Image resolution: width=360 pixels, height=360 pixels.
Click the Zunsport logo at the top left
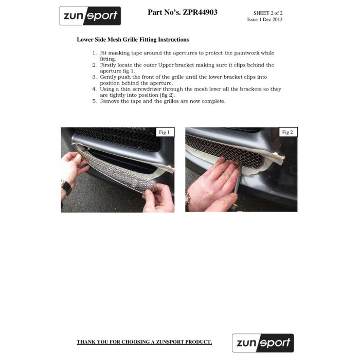[90, 16]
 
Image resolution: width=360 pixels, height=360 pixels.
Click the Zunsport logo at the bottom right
[263, 343]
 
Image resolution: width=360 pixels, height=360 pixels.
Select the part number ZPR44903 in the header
[200, 12]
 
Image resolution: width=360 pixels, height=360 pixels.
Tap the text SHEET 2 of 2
[268, 13]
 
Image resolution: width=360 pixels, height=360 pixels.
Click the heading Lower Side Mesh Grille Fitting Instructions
[133, 39]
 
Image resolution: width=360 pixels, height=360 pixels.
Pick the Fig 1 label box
[165, 132]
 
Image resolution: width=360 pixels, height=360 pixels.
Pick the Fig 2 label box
[287, 132]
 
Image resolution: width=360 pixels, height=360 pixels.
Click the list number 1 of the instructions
[94, 53]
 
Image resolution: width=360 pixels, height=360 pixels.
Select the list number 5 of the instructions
[94, 101]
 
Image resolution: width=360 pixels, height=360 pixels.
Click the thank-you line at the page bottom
[144, 342]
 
